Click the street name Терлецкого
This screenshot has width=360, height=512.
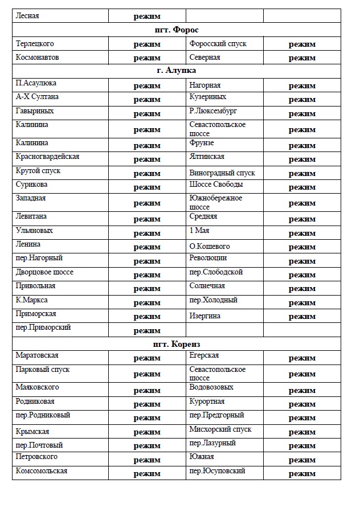35,44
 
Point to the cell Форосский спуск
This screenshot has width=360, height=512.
218,44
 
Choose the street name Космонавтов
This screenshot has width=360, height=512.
38,58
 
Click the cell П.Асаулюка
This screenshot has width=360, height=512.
36,84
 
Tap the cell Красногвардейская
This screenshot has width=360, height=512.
48,157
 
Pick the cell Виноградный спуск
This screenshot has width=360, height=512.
222,173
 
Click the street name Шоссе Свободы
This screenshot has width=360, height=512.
216,185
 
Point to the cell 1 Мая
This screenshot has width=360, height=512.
199,231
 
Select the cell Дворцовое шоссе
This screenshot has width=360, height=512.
45,272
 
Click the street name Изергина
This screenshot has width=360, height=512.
205,316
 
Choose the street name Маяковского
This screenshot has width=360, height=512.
38,388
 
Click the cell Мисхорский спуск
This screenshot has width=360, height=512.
220,429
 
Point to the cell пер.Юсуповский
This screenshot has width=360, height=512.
218,471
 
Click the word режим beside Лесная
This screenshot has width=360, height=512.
147,16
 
